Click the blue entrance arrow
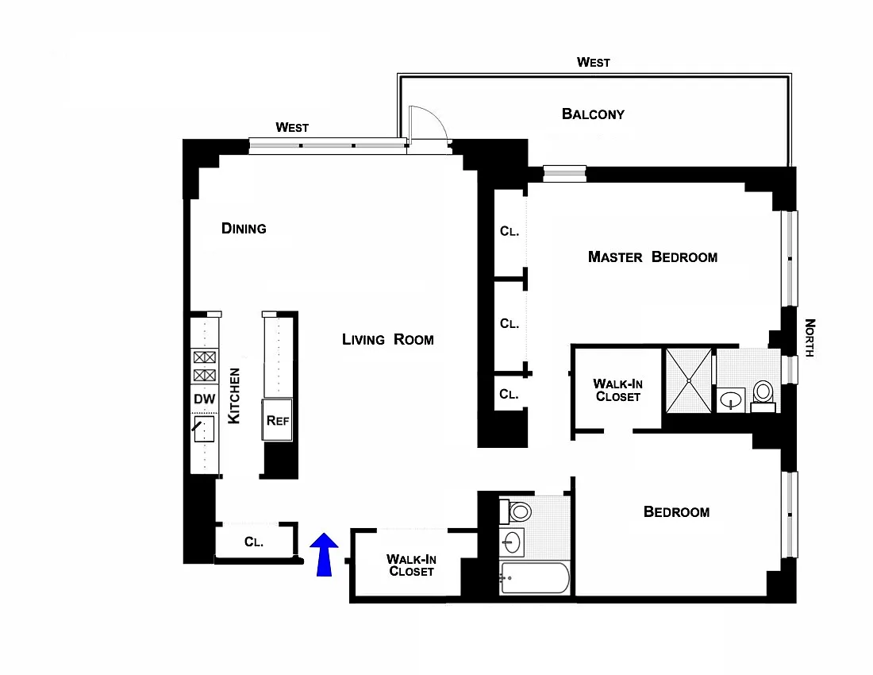point(323,554)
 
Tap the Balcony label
point(593,114)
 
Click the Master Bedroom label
point(652,256)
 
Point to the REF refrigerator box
point(278,420)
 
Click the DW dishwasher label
point(205,399)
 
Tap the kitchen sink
point(206,430)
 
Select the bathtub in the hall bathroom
point(535,579)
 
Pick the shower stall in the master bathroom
point(689,380)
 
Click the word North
point(810,337)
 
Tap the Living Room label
point(388,340)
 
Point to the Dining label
point(244,229)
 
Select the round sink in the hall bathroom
point(512,543)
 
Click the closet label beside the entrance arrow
point(254,542)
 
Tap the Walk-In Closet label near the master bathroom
point(617,390)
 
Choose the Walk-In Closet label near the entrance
point(411,565)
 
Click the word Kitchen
point(234,395)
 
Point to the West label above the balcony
point(594,62)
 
